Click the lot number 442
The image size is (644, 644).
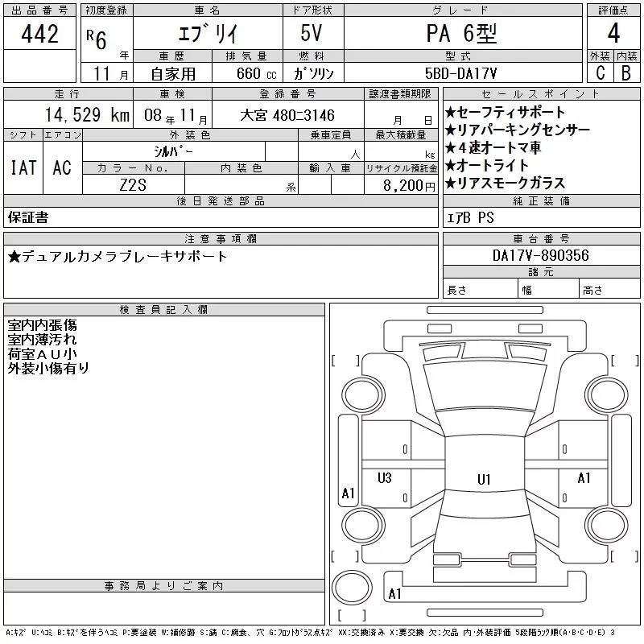(39, 34)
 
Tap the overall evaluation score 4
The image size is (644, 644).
(613, 33)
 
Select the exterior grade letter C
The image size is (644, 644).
(600, 72)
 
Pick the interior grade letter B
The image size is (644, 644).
(626, 72)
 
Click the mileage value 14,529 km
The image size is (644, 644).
(87, 114)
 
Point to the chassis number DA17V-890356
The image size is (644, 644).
(540, 255)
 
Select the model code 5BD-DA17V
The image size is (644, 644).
(460, 73)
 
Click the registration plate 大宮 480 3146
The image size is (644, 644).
(287, 115)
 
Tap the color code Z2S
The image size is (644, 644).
(133, 185)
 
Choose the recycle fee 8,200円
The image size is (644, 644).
(409, 186)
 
